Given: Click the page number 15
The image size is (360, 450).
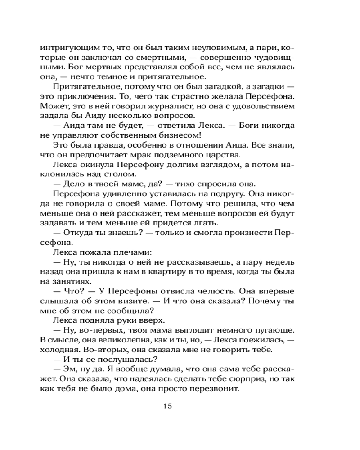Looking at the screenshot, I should (x=167, y=406).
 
